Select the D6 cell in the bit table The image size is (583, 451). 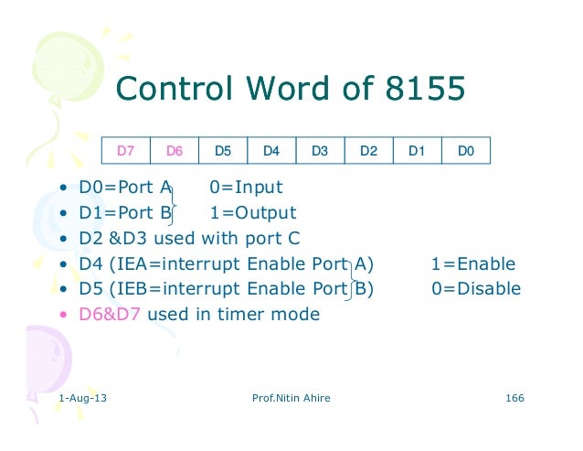coord(174,150)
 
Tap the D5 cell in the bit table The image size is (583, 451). coord(222,150)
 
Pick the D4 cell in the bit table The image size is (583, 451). coord(271,150)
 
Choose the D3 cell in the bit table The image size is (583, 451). coord(320,150)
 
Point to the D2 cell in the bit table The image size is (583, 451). coord(368,150)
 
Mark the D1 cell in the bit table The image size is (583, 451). coord(417,150)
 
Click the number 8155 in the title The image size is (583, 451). coord(421,90)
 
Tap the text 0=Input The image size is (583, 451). coord(246,188)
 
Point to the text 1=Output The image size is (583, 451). coord(253,213)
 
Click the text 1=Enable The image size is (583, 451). coord(473,264)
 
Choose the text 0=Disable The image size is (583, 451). coord(476,289)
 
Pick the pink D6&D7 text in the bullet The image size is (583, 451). coord(111,315)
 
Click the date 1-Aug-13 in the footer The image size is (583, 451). coord(80,400)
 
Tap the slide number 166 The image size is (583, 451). coord(514,400)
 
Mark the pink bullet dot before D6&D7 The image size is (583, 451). coord(62,316)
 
